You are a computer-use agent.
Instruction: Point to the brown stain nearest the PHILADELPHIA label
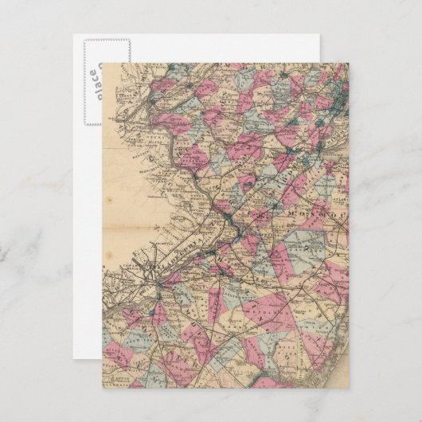pos(119,239)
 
